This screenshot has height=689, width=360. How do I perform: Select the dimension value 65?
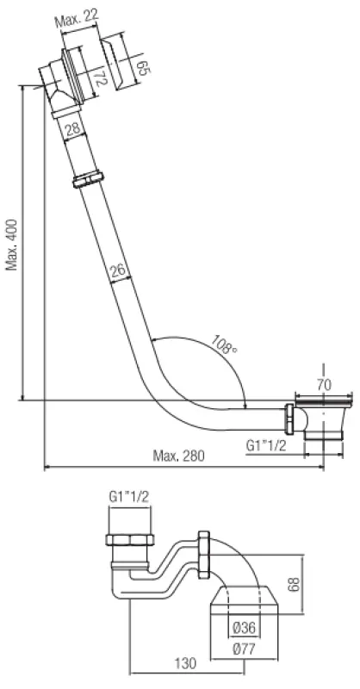(143, 67)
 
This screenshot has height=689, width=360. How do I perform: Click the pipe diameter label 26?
(119, 270)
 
